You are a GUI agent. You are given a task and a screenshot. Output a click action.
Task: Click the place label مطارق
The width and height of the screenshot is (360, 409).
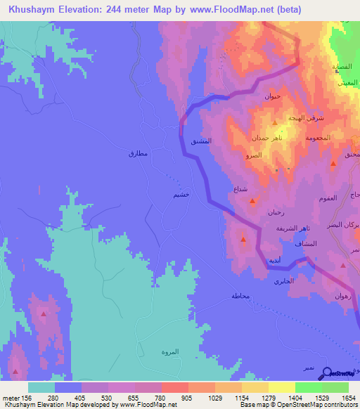(138, 152)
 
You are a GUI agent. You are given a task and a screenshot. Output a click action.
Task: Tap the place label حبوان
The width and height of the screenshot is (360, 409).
(272, 96)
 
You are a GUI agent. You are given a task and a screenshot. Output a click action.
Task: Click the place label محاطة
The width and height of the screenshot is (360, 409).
(240, 296)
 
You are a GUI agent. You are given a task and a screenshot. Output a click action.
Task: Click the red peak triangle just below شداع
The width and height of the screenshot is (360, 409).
(252, 202)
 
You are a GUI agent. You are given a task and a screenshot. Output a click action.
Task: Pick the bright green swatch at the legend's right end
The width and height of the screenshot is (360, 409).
(335, 387)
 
